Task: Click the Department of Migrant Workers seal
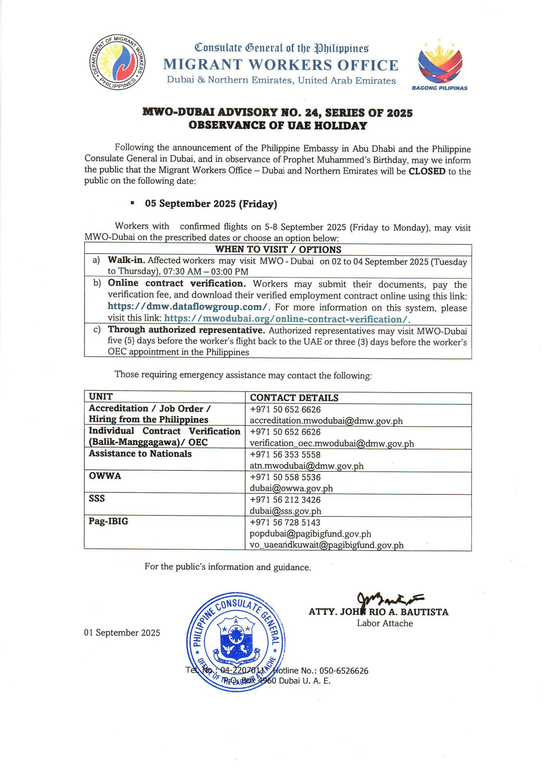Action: pyautogui.click(x=117, y=62)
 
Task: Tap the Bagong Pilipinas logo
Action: pyautogui.click(x=440, y=64)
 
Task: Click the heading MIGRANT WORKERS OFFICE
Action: pyautogui.click(x=281, y=65)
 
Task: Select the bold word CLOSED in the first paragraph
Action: pyautogui.click(x=427, y=171)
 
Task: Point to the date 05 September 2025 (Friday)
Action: pyautogui.click(x=211, y=204)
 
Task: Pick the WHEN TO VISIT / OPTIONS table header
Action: pyautogui.click(x=278, y=250)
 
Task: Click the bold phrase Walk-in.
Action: pyautogui.click(x=126, y=260)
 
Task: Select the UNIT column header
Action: pyautogui.click(x=101, y=397)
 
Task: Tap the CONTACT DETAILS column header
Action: pyautogui.click(x=294, y=398)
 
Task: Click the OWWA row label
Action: pyautogui.click(x=105, y=476)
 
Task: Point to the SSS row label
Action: pyautogui.click(x=97, y=499)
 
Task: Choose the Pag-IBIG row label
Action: pyautogui.click(x=108, y=521)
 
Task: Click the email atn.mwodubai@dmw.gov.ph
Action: pyautogui.click(x=306, y=466)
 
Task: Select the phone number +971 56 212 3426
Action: pyautogui.click(x=285, y=500)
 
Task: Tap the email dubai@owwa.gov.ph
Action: pyautogui.click(x=291, y=488)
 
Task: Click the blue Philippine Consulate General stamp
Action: pyautogui.click(x=236, y=642)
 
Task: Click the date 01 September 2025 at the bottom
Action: pyautogui.click(x=122, y=633)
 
